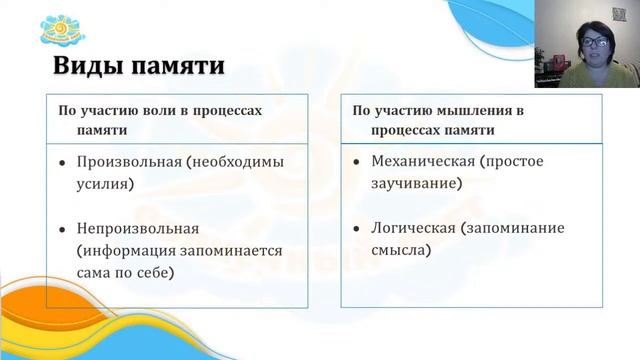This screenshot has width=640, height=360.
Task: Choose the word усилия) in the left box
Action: tap(105, 184)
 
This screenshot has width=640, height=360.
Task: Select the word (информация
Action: tap(125, 250)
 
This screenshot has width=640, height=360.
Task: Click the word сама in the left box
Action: tap(96, 272)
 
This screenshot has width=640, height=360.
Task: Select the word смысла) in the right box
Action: tap(401, 250)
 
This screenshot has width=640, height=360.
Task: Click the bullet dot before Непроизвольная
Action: tap(62, 229)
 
